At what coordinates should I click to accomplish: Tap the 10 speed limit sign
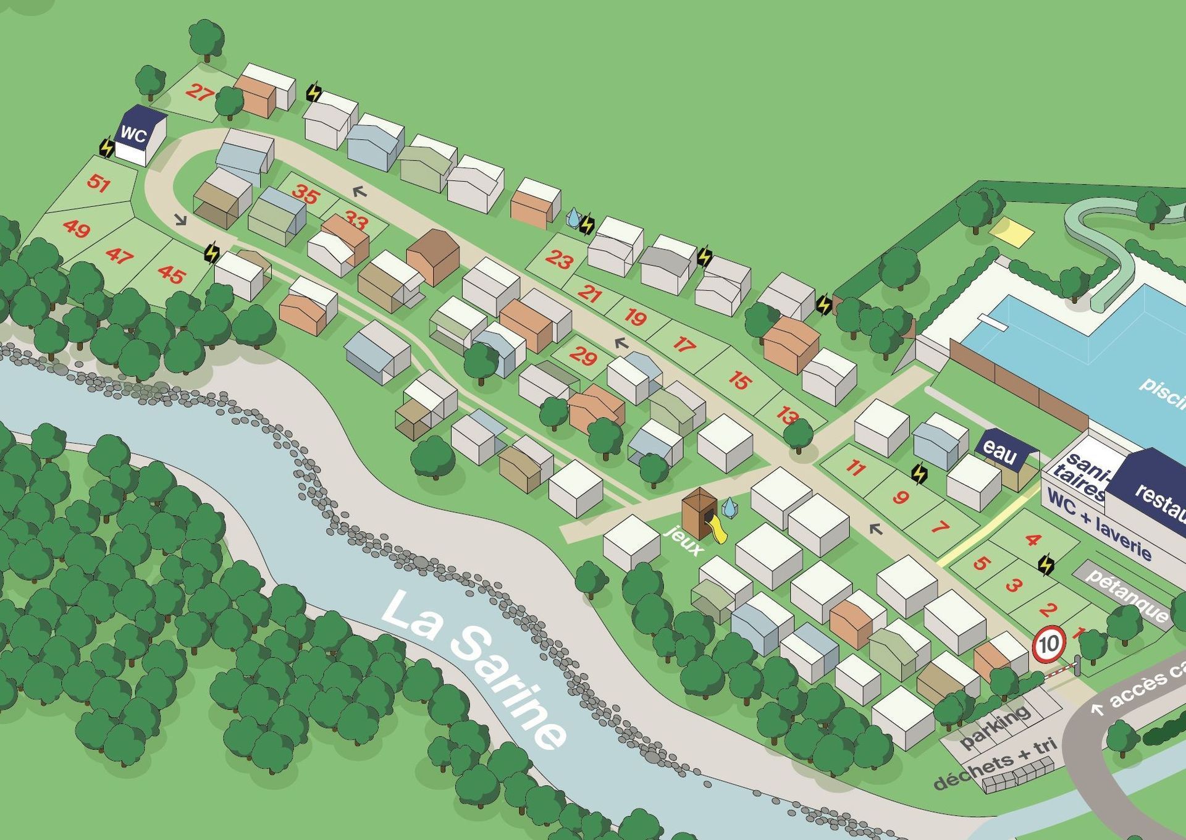[1049, 644]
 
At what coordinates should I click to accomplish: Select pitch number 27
[199, 93]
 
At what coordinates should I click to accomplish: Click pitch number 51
[98, 183]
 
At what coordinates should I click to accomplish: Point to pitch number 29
[582, 356]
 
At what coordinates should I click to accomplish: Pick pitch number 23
[560, 260]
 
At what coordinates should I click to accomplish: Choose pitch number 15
[739, 380]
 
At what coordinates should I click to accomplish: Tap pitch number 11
[855, 468]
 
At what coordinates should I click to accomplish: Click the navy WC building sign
[133, 133]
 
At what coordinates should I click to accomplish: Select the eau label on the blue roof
[999, 452]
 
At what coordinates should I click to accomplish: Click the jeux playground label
[686, 541]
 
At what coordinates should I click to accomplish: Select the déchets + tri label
[995, 763]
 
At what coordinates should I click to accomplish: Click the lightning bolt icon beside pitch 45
[212, 252]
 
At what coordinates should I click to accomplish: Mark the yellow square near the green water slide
[1011, 233]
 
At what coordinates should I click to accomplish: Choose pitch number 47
[119, 255]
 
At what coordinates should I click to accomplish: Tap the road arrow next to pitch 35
[359, 192]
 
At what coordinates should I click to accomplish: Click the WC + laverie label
[1100, 529]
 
